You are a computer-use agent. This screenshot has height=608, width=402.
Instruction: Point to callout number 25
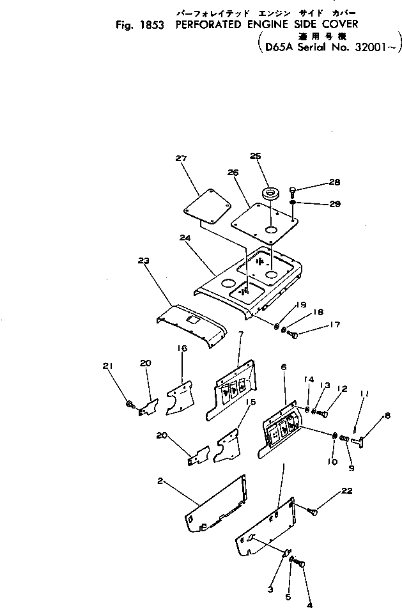click(x=256, y=157)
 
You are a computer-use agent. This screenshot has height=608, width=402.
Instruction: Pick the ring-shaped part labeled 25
click(x=270, y=193)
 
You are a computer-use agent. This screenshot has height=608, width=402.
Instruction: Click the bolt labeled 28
click(x=292, y=190)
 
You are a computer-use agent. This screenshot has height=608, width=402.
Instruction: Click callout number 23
click(x=143, y=260)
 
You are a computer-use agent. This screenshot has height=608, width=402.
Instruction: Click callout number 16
click(x=182, y=348)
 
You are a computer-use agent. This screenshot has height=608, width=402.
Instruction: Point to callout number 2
click(x=160, y=481)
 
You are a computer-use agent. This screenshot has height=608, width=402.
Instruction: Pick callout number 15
click(x=251, y=402)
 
